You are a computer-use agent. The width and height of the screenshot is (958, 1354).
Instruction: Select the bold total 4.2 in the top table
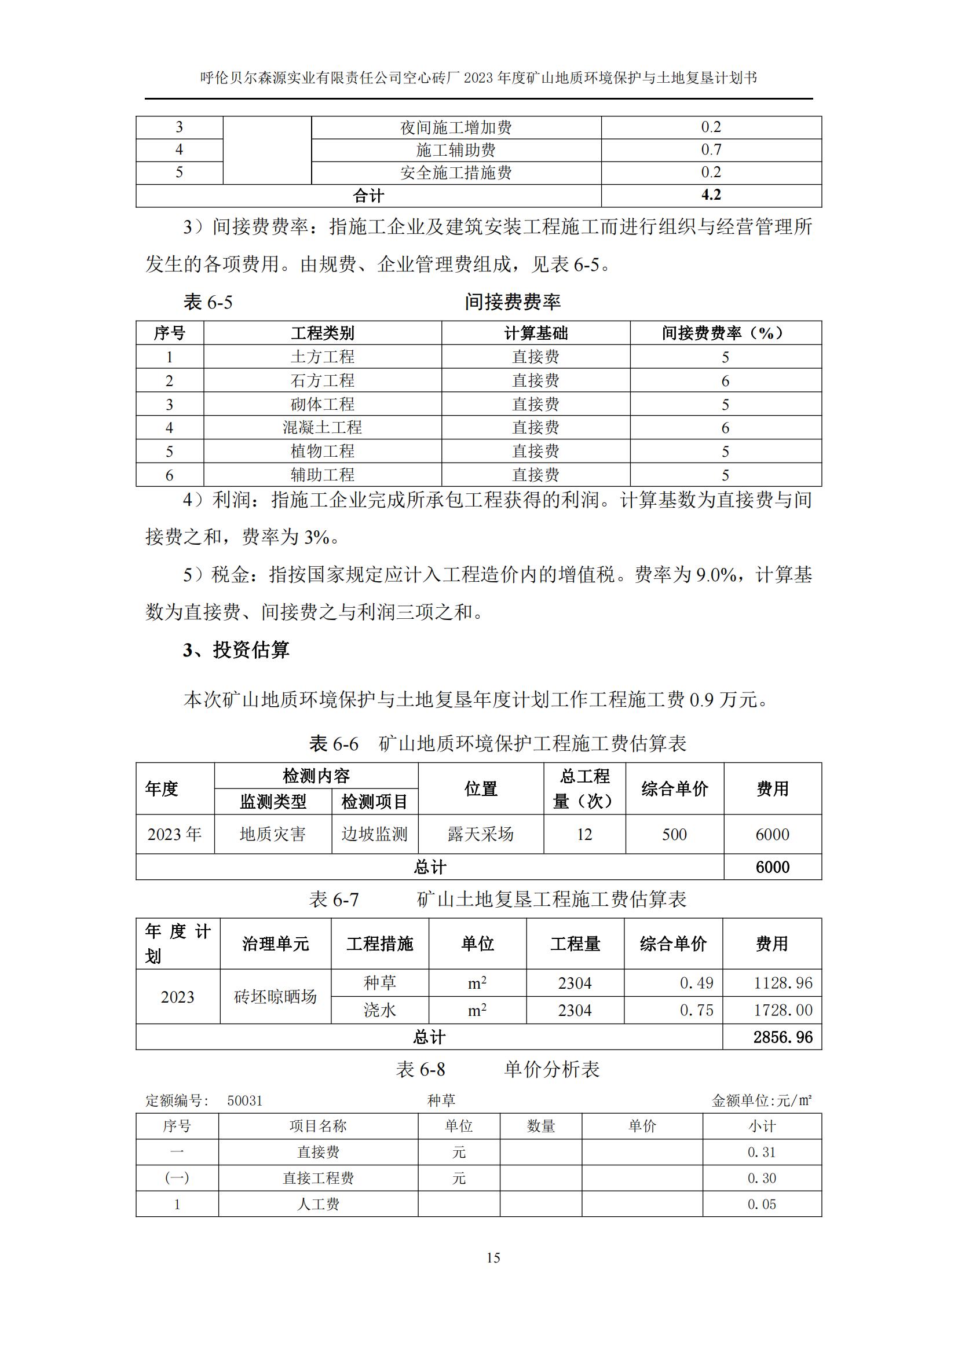click(711, 195)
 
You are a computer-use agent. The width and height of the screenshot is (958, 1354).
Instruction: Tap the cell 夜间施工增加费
click(455, 127)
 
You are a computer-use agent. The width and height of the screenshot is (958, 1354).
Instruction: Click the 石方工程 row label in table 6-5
click(322, 380)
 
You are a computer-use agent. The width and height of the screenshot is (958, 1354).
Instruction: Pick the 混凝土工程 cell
click(322, 428)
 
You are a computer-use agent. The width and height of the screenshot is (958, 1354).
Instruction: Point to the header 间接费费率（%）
click(725, 333)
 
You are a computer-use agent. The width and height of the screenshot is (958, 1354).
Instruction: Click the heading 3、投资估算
click(236, 650)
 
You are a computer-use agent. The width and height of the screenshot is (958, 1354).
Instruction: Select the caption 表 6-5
click(208, 302)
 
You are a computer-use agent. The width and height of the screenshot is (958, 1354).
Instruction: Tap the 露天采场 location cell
click(480, 834)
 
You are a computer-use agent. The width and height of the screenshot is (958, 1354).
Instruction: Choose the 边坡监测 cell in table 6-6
click(374, 834)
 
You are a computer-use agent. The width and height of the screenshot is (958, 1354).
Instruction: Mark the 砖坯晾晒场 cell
click(275, 997)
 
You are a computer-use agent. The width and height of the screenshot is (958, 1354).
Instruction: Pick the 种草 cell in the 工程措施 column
click(379, 982)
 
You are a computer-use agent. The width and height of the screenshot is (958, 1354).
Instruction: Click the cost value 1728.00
click(783, 1010)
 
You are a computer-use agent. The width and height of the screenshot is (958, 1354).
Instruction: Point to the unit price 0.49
click(696, 983)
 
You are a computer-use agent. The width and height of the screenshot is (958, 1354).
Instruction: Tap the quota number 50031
click(244, 1100)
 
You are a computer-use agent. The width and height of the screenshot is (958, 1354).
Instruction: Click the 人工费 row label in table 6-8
click(318, 1204)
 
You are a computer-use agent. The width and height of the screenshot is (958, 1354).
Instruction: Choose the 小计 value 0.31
click(761, 1152)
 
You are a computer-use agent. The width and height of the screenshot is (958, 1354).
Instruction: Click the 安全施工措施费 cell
click(455, 173)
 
